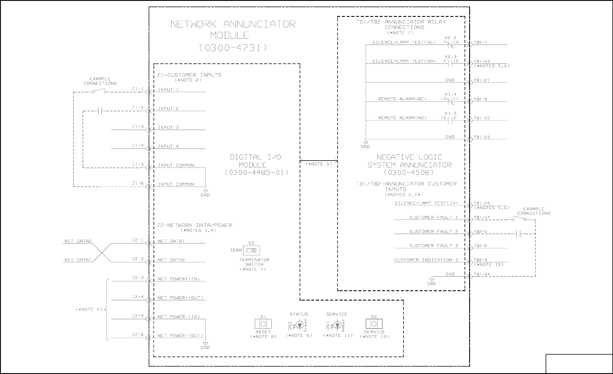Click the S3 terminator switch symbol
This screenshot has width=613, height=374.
[x=251, y=251]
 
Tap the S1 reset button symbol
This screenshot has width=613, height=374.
[x=263, y=324]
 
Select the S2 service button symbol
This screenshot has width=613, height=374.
[x=374, y=324]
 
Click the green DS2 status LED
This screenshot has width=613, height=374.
[x=299, y=325]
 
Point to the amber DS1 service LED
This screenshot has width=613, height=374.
[x=337, y=325]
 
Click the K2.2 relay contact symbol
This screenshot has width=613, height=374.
[x=451, y=45]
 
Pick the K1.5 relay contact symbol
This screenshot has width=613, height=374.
[x=451, y=121]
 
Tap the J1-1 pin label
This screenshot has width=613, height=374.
[x=138, y=89]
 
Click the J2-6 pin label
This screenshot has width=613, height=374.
[x=138, y=335]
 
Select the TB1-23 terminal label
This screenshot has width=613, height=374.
[x=482, y=137]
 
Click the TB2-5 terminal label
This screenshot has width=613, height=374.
[x=481, y=232]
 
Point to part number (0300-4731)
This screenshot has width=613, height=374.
[x=233, y=48]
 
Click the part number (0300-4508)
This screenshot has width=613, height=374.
[x=409, y=173]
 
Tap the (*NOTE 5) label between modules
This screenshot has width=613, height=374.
[x=319, y=164]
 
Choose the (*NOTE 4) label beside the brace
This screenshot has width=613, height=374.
[x=89, y=309]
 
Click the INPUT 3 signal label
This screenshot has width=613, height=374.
[x=168, y=127]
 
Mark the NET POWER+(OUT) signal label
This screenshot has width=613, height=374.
[x=180, y=298]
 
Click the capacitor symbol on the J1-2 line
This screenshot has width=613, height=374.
[x=100, y=111]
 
